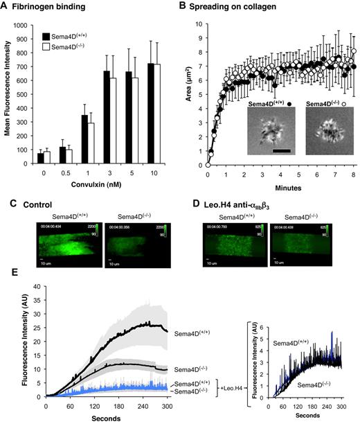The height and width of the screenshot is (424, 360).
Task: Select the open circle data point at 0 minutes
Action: click(x=208, y=166)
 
